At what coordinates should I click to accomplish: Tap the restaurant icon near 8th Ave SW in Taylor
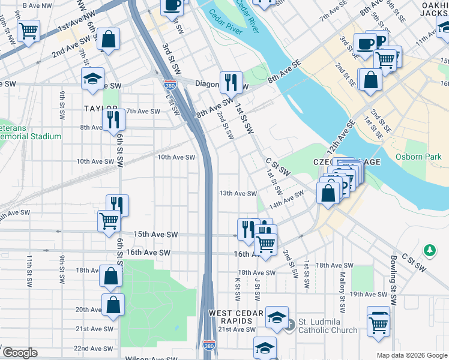pyautogui.click(x=113, y=119)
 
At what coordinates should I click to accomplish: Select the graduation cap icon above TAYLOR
pyautogui.click(x=93, y=79)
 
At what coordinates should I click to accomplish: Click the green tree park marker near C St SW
pyautogui.click(x=429, y=248)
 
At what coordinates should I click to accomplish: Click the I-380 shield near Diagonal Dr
pyautogui.click(x=170, y=86)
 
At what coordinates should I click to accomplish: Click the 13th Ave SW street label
pyautogui.click(x=238, y=193)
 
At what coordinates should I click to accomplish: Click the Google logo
pyautogui.click(x=19, y=353)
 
